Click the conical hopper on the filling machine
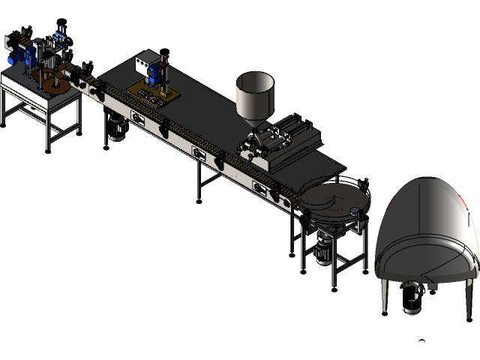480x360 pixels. point(255,94)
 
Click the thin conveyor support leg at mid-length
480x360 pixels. point(198,181)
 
